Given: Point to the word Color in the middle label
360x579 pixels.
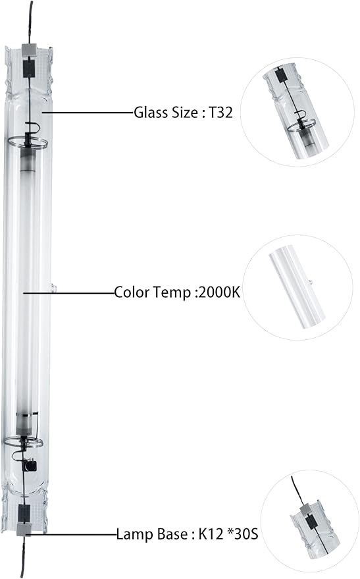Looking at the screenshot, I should tap(131, 291).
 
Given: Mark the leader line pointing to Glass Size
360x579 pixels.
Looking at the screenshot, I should tap(86, 113).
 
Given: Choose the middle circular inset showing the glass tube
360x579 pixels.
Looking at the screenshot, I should tap(297, 288).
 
